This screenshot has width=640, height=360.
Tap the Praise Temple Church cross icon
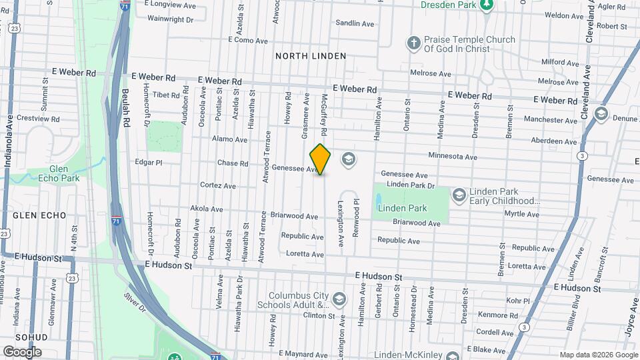(x=413, y=44)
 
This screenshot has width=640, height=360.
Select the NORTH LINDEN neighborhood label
(x=311, y=56)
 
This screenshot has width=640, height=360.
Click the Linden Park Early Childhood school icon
(x=459, y=195)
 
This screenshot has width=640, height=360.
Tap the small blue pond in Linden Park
(x=379, y=199)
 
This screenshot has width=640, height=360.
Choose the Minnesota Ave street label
(x=453, y=157)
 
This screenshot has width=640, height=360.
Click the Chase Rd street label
(x=233, y=163)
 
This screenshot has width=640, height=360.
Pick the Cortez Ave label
(x=217, y=186)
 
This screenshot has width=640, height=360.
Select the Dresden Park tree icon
(x=487, y=5)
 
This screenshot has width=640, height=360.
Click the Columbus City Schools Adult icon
(x=340, y=298)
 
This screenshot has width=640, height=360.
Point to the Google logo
(x=22, y=351)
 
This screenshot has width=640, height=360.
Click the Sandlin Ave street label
(x=355, y=23)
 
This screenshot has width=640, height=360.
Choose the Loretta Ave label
(x=303, y=255)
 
